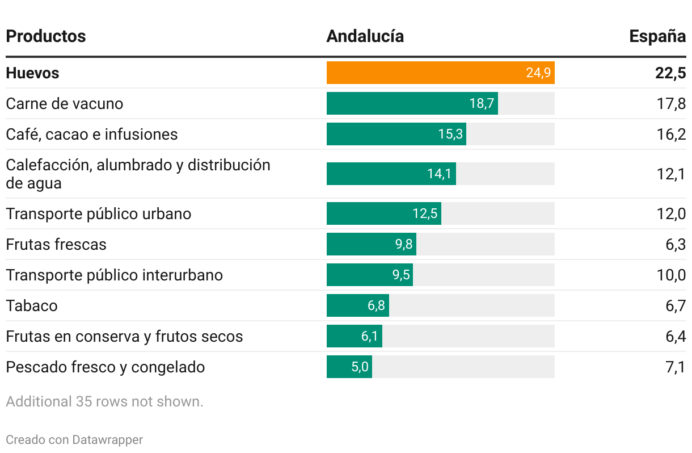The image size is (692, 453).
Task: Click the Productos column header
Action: [45, 36]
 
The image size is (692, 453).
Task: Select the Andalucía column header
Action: [365, 36]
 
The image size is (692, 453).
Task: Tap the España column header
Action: [657, 36]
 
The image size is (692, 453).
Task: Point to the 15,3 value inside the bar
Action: [450, 135]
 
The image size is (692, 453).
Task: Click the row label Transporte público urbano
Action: [99, 214]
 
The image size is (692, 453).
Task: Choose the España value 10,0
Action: [672, 275]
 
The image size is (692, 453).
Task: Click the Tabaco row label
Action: [32, 306]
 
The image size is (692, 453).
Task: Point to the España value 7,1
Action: [675, 367]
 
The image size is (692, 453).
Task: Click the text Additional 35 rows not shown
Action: [104, 402]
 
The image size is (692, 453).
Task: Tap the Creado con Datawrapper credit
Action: [74, 439]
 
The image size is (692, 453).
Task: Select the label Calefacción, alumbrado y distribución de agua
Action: [138, 174]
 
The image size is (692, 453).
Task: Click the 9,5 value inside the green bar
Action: [401, 275]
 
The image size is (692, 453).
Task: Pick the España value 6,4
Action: [675, 337]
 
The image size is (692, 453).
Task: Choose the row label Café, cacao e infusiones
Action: [92, 135]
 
